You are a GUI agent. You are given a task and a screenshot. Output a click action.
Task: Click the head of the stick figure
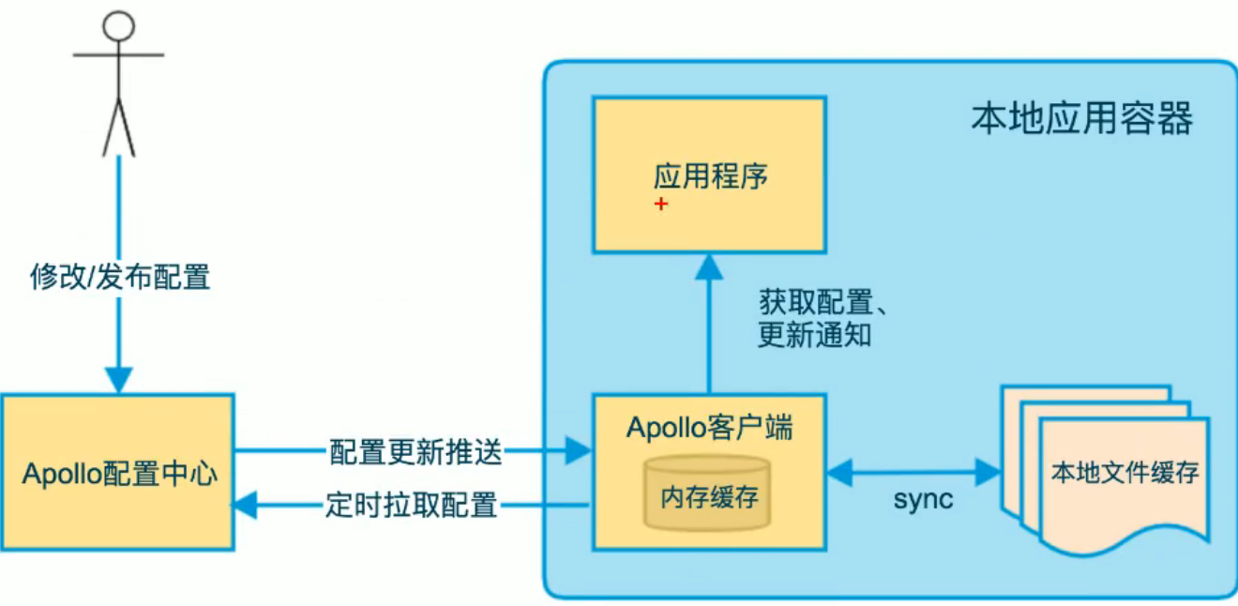coord(118,25)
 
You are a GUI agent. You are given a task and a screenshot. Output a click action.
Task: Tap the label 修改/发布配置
coord(120,277)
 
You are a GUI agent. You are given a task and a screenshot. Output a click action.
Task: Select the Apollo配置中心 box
coord(118,472)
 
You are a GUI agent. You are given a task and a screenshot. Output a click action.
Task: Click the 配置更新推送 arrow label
coord(415,452)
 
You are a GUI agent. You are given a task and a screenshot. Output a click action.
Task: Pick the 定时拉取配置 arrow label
coord(411,505)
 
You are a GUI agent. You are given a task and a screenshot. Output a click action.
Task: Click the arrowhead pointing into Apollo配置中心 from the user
coord(119,379)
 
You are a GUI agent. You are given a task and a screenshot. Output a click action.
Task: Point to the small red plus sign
coord(661,204)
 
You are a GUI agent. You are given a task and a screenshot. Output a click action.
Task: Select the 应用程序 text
coord(710,176)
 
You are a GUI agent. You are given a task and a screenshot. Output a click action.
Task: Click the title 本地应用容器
coord(1082,118)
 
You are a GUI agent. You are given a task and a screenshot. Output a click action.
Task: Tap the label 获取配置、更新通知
coord(823,318)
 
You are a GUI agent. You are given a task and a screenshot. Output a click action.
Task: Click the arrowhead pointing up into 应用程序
coord(709,266)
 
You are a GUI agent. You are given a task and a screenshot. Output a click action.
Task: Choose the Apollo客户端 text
coord(710,428)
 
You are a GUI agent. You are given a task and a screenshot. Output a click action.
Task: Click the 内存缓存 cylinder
coord(708,492)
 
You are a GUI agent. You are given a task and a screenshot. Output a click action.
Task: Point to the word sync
coord(924,500)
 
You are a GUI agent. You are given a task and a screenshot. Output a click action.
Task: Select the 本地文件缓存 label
coord(1125,472)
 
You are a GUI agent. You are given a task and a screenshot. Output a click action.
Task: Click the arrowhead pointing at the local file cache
coord(989,472)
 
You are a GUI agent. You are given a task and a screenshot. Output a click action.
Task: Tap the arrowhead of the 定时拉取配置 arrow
coord(245,505)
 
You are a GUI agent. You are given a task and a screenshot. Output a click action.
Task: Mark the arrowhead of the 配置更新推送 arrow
coord(578,450)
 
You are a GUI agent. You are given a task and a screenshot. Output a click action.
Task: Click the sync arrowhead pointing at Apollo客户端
coord(840,472)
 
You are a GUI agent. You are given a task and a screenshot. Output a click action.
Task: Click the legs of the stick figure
coord(119,128)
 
